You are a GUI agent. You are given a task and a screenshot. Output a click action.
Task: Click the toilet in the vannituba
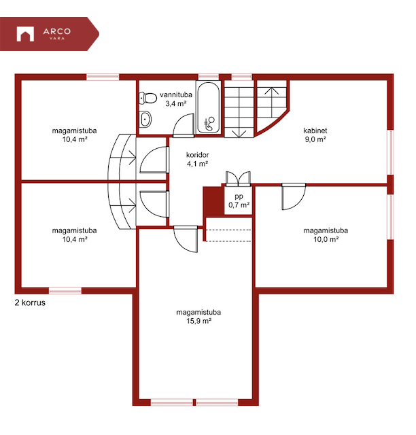(x=148, y=98)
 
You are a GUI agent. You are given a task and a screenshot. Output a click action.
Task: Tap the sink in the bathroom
(x=145, y=119)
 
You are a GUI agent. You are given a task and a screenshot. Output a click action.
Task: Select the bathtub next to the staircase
(x=208, y=107)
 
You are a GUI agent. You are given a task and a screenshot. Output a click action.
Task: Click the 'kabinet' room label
(x=315, y=130)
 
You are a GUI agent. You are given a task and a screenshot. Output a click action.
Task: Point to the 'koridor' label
(x=197, y=155)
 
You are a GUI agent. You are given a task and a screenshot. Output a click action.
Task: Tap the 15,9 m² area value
(x=198, y=321)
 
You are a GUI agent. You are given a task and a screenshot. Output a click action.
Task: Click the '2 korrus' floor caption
(x=30, y=302)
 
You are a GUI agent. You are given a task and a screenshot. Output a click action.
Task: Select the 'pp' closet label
(x=239, y=196)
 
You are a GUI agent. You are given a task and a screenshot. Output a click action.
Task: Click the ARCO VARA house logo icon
(x=25, y=34)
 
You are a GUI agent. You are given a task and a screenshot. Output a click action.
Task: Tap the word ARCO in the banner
(x=57, y=31)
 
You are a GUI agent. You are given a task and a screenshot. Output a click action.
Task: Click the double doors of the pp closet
(x=238, y=179)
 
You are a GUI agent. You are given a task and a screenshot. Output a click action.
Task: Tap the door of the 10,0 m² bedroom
(x=294, y=196)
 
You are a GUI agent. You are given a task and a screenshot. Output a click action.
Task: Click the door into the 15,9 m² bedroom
(x=186, y=239)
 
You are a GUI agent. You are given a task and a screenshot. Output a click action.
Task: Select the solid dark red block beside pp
(x=213, y=201)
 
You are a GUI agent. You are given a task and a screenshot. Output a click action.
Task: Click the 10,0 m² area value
(x=326, y=239)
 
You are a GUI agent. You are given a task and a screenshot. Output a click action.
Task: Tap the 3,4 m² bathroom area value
(x=175, y=104)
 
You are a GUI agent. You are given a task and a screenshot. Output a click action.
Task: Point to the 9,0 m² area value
(x=315, y=139)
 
